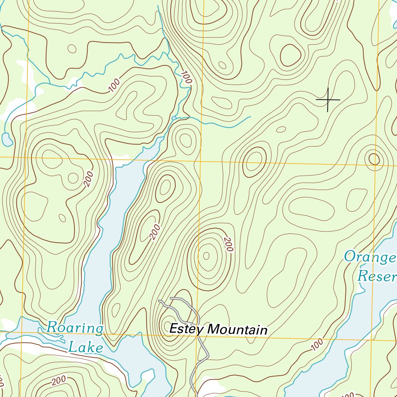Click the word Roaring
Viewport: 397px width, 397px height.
click(75, 328)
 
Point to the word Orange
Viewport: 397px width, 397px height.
click(370, 257)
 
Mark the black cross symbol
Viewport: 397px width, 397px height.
click(328, 100)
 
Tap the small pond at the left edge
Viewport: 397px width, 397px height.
click(7, 139)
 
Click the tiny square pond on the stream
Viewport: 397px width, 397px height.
click(174, 117)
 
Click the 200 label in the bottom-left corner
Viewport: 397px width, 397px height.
click(59, 380)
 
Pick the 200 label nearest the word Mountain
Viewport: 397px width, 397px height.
click(228, 244)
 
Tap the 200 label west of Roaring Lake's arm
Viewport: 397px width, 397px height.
click(88, 179)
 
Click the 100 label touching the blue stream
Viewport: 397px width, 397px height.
click(186, 78)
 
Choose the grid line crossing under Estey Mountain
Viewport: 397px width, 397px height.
click(233, 336)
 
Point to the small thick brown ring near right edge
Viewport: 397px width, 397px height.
click(374, 159)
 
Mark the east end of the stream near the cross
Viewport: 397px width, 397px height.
click(250, 117)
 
